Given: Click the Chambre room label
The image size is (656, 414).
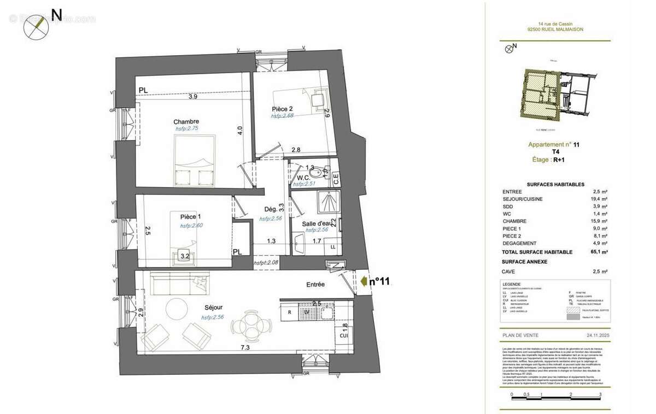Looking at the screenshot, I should [186, 121].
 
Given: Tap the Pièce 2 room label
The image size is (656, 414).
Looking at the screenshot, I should [283, 109].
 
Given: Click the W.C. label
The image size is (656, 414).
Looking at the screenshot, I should [304, 178].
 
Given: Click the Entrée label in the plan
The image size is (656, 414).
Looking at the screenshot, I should [315, 285].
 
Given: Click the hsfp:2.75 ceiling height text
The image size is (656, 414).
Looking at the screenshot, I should [187, 128].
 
